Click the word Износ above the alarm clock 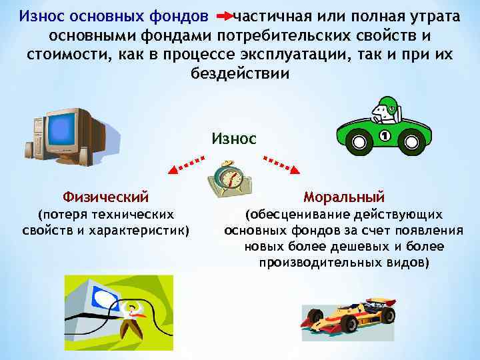click(233, 139)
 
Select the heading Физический click(105, 197)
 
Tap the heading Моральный click(344, 197)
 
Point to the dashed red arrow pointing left click(186, 165)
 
